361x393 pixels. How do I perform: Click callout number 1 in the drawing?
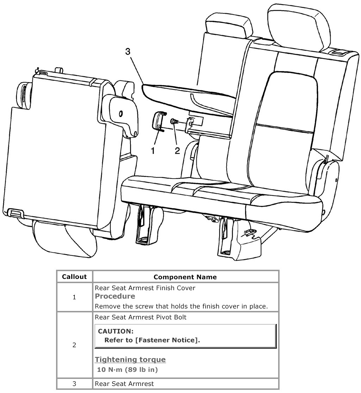click(x=153, y=151)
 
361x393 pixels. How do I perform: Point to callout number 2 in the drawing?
click(x=177, y=151)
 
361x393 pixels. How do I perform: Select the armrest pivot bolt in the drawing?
click(x=174, y=121)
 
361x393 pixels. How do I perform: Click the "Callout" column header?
click(x=74, y=277)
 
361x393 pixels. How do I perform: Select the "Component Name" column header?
click(x=185, y=277)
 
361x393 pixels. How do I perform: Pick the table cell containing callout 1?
click(x=74, y=297)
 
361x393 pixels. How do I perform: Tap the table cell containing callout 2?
click(x=74, y=345)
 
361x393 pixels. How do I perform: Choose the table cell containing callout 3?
click(x=74, y=383)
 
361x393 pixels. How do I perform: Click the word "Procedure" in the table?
click(x=115, y=297)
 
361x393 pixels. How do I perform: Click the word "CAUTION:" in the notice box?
click(x=116, y=331)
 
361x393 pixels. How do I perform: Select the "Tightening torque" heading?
click(x=130, y=360)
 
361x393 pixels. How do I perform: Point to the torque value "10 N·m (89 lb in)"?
click(x=127, y=369)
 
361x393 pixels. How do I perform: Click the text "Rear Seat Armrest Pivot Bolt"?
click(x=141, y=317)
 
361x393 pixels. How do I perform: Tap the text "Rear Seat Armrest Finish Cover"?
click(x=145, y=288)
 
